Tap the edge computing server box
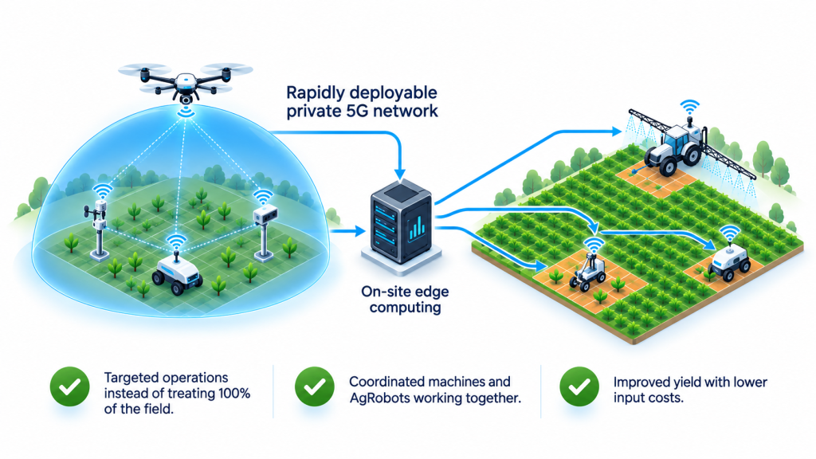pos(402,222)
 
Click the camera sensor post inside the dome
pos(265,232)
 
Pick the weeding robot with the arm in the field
pos(589,271)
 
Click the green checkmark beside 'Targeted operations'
pos(70,386)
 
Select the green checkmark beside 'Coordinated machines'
pos(314,386)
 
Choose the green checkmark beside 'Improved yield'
pos(579,386)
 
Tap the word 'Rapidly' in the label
pos(316,94)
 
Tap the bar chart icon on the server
pos(417,228)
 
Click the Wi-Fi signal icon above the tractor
pos(690,108)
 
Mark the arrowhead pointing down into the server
pos(400,173)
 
